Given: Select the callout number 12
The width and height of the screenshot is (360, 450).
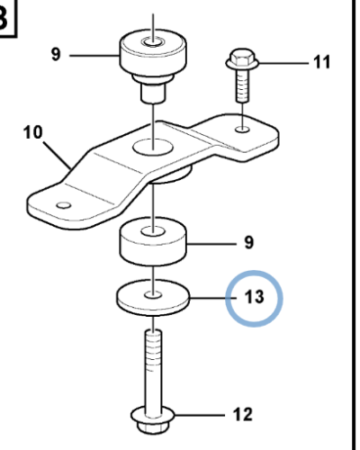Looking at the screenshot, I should point(243,415).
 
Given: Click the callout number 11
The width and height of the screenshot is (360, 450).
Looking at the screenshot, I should point(321,62).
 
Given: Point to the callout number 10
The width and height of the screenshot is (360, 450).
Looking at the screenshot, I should point(32,133).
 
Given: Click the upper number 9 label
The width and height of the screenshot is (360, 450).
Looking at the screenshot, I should point(56,55).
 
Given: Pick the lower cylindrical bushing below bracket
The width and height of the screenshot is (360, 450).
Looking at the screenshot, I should point(154,241).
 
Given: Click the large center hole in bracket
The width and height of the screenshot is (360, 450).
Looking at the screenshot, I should point(154,145).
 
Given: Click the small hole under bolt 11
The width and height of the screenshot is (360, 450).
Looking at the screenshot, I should point(244,130).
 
